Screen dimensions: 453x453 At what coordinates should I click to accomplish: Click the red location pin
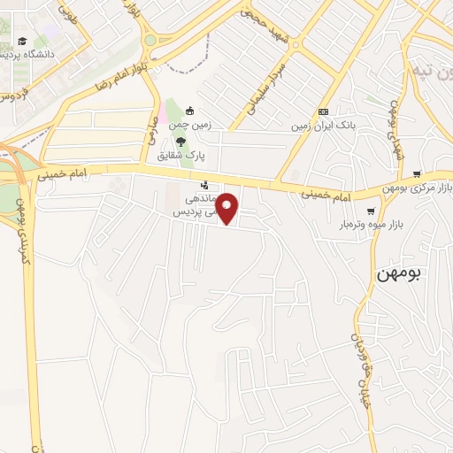click(227, 207)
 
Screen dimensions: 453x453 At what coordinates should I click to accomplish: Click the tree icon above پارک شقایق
click(180, 141)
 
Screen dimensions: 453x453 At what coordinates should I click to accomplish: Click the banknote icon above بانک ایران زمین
click(323, 111)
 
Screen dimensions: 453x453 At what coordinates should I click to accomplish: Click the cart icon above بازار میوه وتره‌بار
click(371, 211)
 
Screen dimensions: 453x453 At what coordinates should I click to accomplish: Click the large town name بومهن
click(401, 273)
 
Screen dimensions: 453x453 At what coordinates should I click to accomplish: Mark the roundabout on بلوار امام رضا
click(149, 40)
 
